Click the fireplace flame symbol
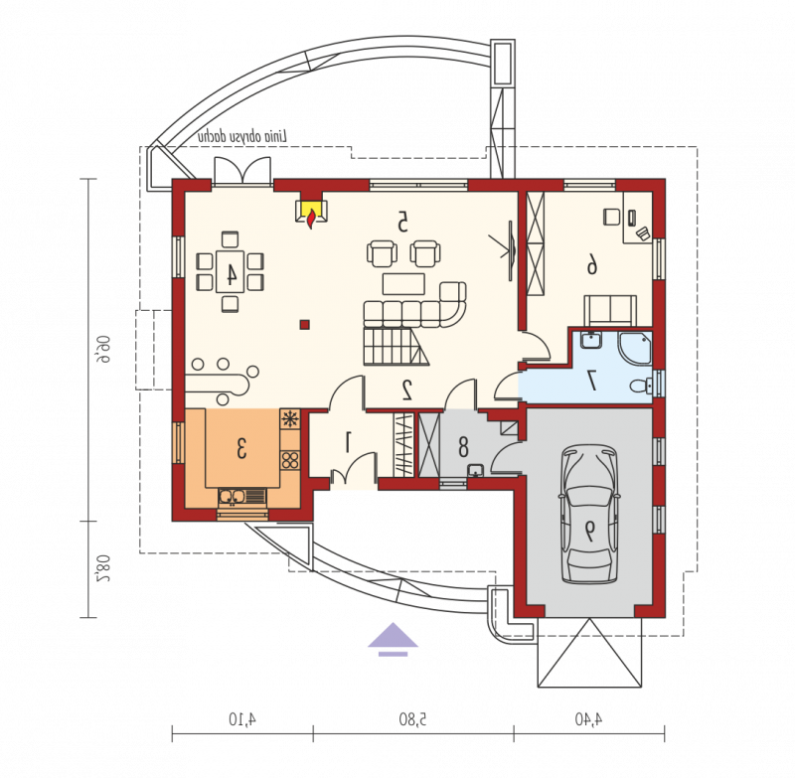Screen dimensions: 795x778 click(310, 219)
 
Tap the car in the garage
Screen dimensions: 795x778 click(588, 515)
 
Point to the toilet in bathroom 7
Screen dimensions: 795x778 click(641, 387)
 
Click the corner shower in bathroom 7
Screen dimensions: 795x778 click(635, 348)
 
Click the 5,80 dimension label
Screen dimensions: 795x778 click(412, 719)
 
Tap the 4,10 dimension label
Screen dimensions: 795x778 click(242, 719)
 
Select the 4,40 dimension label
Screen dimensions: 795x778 click(588, 718)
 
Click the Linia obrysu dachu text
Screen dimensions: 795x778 click(242, 137)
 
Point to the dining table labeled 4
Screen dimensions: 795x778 click(231, 271)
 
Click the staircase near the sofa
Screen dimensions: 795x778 click(396, 346)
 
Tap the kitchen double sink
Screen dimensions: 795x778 click(241, 497)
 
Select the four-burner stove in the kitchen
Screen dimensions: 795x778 click(290, 460)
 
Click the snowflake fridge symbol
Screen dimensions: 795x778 click(290, 419)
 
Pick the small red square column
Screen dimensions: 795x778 click(304, 324)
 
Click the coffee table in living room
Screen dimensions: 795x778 click(403, 284)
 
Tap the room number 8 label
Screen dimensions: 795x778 click(463, 448)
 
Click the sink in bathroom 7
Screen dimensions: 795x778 click(590, 340)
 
